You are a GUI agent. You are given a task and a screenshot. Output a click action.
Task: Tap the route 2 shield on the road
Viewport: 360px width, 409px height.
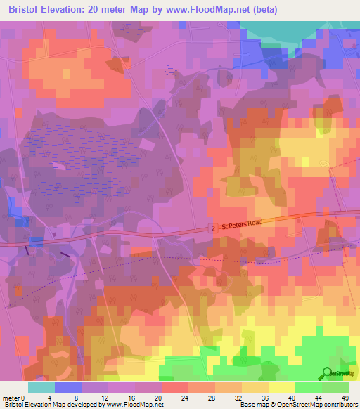(x=211, y=228)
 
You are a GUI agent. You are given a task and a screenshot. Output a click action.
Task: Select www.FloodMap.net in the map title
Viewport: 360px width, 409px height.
(x=211, y=10)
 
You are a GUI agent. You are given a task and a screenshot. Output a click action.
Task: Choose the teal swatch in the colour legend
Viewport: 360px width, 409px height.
(x=41, y=387)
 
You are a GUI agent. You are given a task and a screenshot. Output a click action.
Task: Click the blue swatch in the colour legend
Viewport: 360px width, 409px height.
(x=68, y=387)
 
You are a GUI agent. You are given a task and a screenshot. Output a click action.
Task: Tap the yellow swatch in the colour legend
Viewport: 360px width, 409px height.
(x=282, y=387)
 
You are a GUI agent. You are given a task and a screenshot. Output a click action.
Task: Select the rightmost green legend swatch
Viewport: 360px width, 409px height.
(x=335, y=387)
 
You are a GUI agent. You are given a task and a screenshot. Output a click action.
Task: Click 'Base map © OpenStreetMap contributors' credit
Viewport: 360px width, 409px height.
(x=298, y=405)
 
